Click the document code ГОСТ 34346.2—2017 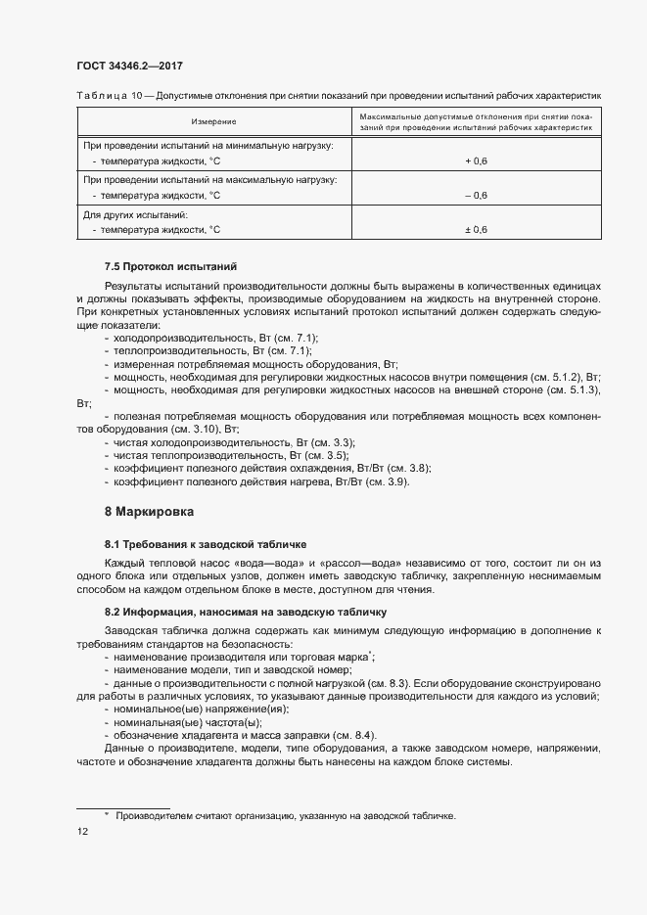[129, 66]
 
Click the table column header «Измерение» [213, 121]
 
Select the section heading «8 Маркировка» [149, 511]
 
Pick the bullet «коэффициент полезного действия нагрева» [260, 481]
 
